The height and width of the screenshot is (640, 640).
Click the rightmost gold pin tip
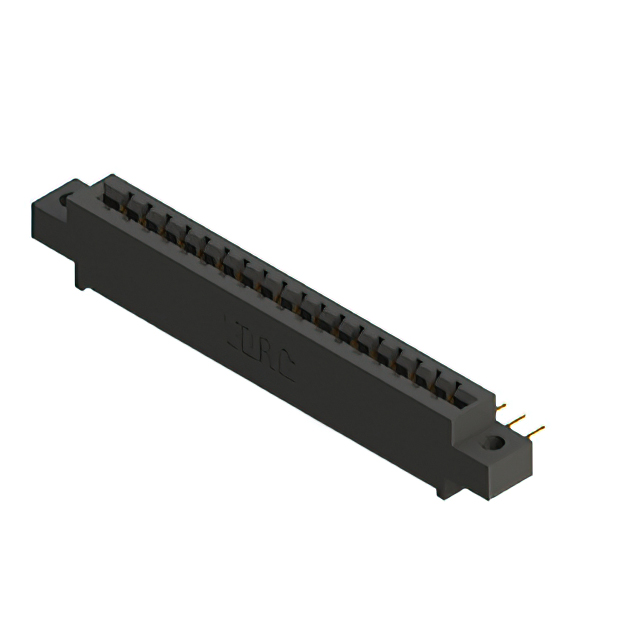tap(541, 431)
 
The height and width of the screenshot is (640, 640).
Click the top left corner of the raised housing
tap(104, 179)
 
